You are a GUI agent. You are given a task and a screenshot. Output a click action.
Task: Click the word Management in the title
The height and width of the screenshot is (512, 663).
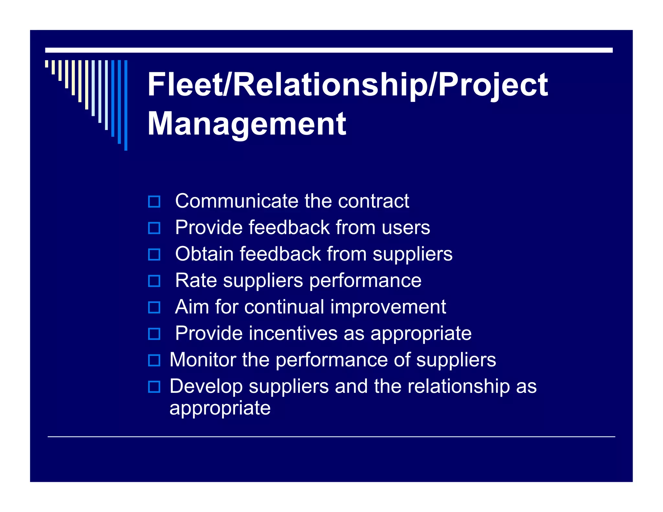(x=247, y=124)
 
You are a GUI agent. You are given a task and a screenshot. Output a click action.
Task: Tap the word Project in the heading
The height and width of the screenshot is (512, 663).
(x=493, y=85)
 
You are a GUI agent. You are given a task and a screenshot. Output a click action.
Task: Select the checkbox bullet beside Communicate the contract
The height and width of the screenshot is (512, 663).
(x=154, y=202)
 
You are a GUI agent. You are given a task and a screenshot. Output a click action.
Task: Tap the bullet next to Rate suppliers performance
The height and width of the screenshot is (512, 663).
(x=154, y=281)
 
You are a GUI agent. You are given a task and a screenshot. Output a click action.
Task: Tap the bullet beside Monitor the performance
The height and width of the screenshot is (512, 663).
(x=154, y=360)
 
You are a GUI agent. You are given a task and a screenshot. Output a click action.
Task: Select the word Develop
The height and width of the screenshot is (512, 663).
(x=206, y=386)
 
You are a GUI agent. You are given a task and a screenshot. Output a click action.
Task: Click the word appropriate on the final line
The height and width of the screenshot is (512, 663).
(x=220, y=408)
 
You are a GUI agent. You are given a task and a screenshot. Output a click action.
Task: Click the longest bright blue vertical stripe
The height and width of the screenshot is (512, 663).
(x=126, y=105)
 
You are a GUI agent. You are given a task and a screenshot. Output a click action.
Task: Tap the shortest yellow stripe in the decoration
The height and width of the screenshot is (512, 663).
(x=47, y=64)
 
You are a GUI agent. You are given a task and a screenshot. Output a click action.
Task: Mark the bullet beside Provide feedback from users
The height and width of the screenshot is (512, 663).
(x=154, y=228)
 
